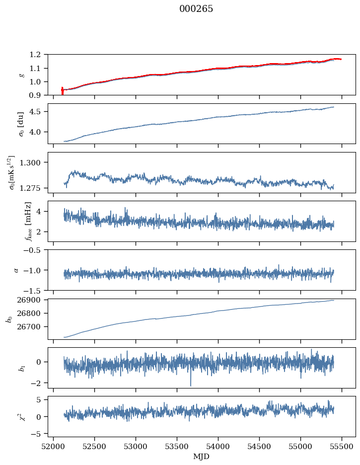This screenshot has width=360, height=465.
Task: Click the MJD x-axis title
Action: (x=202, y=457)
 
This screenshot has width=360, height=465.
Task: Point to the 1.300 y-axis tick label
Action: (x=35, y=162)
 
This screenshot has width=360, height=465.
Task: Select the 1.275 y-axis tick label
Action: (x=35, y=188)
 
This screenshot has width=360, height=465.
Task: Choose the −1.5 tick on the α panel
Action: (x=36, y=290)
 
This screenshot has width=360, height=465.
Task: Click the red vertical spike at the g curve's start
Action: (x=62, y=91)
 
